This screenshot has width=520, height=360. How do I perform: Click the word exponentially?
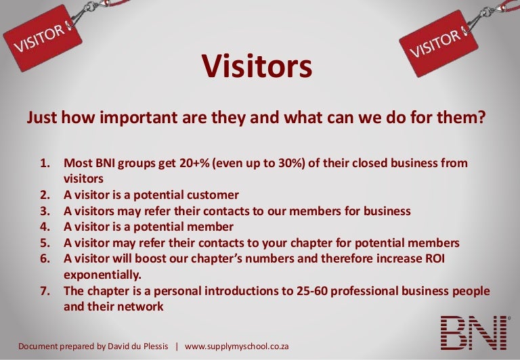point(103,275)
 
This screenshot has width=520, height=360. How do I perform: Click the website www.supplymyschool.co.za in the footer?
point(237,346)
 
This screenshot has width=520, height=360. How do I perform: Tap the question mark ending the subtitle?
point(481,117)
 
